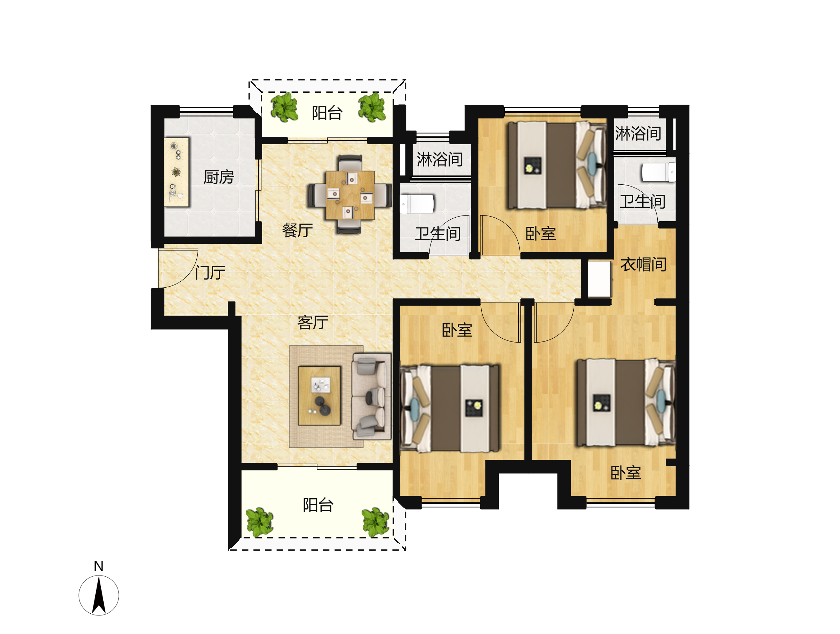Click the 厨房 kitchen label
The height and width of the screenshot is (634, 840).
[219, 177]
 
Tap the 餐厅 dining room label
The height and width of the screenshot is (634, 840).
[297, 231]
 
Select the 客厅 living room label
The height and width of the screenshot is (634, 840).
[313, 323]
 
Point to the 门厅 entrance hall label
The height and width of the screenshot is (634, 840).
[210, 273]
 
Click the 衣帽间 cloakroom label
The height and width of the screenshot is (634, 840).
[644, 264]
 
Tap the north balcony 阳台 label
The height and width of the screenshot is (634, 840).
[327, 113]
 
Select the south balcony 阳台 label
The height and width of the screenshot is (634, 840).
[318, 505]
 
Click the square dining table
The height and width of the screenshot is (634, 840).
[350, 195]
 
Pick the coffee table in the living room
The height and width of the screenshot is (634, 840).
[319, 396]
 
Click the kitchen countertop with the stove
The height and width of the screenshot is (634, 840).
[177, 172]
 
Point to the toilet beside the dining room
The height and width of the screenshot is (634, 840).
[416, 204]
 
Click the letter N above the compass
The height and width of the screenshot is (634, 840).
[99, 566]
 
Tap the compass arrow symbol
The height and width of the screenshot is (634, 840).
[99, 595]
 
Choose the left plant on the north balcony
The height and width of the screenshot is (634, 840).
[285, 107]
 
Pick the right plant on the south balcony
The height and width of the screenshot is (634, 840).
[376, 522]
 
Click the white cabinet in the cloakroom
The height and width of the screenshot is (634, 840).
[600, 279]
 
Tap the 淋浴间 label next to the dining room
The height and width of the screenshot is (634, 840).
[440, 160]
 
